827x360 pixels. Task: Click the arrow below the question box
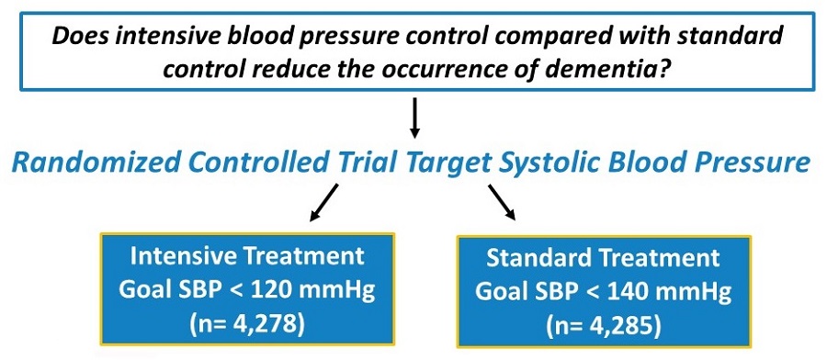point(415,117)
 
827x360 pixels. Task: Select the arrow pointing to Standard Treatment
point(501,202)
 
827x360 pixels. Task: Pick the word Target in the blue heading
point(451,163)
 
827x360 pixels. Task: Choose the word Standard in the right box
point(536,258)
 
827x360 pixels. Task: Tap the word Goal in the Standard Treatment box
point(502,293)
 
